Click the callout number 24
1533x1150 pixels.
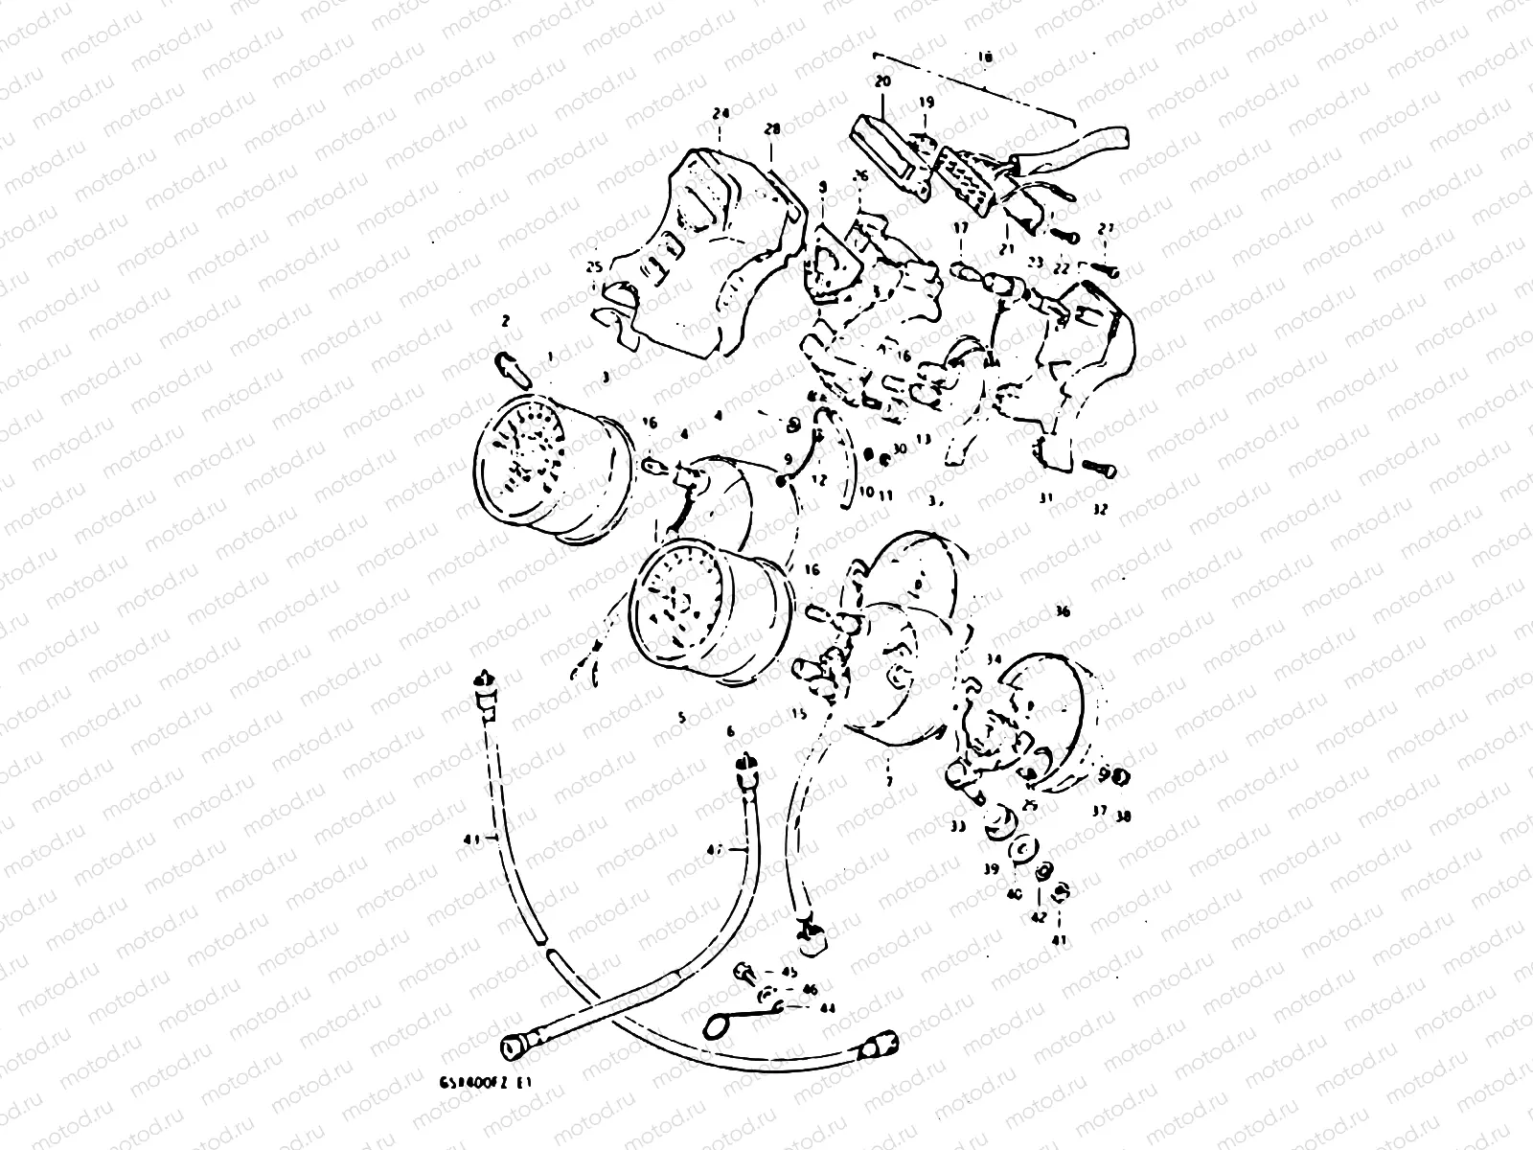[x=720, y=113]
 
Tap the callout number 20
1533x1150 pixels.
[x=882, y=82]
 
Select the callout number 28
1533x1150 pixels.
[x=772, y=129]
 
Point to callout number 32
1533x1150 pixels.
[x=1099, y=511]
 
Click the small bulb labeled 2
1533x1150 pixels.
[x=510, y=364]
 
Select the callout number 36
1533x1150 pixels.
[x=1062, y=611]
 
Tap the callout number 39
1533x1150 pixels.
[x=991, y=869]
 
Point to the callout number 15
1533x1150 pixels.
[x=799, y=714]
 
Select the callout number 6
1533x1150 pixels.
[x=730, y=731]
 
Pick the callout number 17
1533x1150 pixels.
[x=960, y=228]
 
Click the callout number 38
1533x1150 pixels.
[x=1123, y=817]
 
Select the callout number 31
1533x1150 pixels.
[x=1045, y=498]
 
